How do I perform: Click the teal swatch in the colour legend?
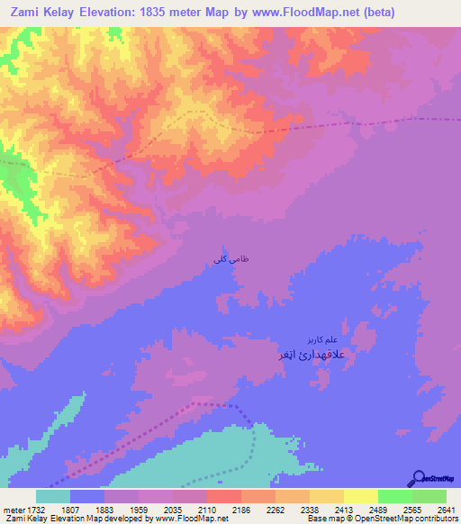click(53, 496)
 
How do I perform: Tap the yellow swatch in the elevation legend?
click(360, 496)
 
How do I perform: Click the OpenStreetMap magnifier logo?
click(418, 478)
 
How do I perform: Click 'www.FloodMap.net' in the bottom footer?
click(190, 519)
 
